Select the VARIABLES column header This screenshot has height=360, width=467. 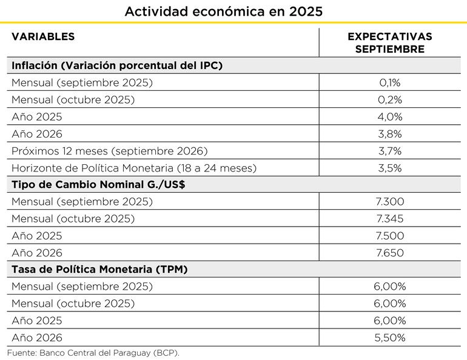[43, 37]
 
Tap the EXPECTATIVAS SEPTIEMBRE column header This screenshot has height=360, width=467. [390, 43]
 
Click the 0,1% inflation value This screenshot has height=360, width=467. [390, 82]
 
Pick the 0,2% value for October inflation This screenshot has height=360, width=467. [390, 99]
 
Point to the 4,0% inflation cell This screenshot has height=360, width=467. [390, 116]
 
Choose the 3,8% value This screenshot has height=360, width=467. [390, 133]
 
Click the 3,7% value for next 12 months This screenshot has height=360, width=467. [390, 150]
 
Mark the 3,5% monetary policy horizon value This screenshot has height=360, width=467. [390, 167]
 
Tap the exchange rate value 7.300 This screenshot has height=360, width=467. [390, 201]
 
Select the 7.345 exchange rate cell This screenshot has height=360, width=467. [390, 218]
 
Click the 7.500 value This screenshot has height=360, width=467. [390, 236]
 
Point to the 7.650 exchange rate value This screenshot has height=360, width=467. [390, 253]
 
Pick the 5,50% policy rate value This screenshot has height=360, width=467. [390, 338]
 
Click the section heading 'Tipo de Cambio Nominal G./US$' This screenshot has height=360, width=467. [98, 184]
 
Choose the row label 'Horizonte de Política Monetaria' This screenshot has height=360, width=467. [134, 167]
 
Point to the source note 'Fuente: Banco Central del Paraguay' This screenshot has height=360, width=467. [93, 352]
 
